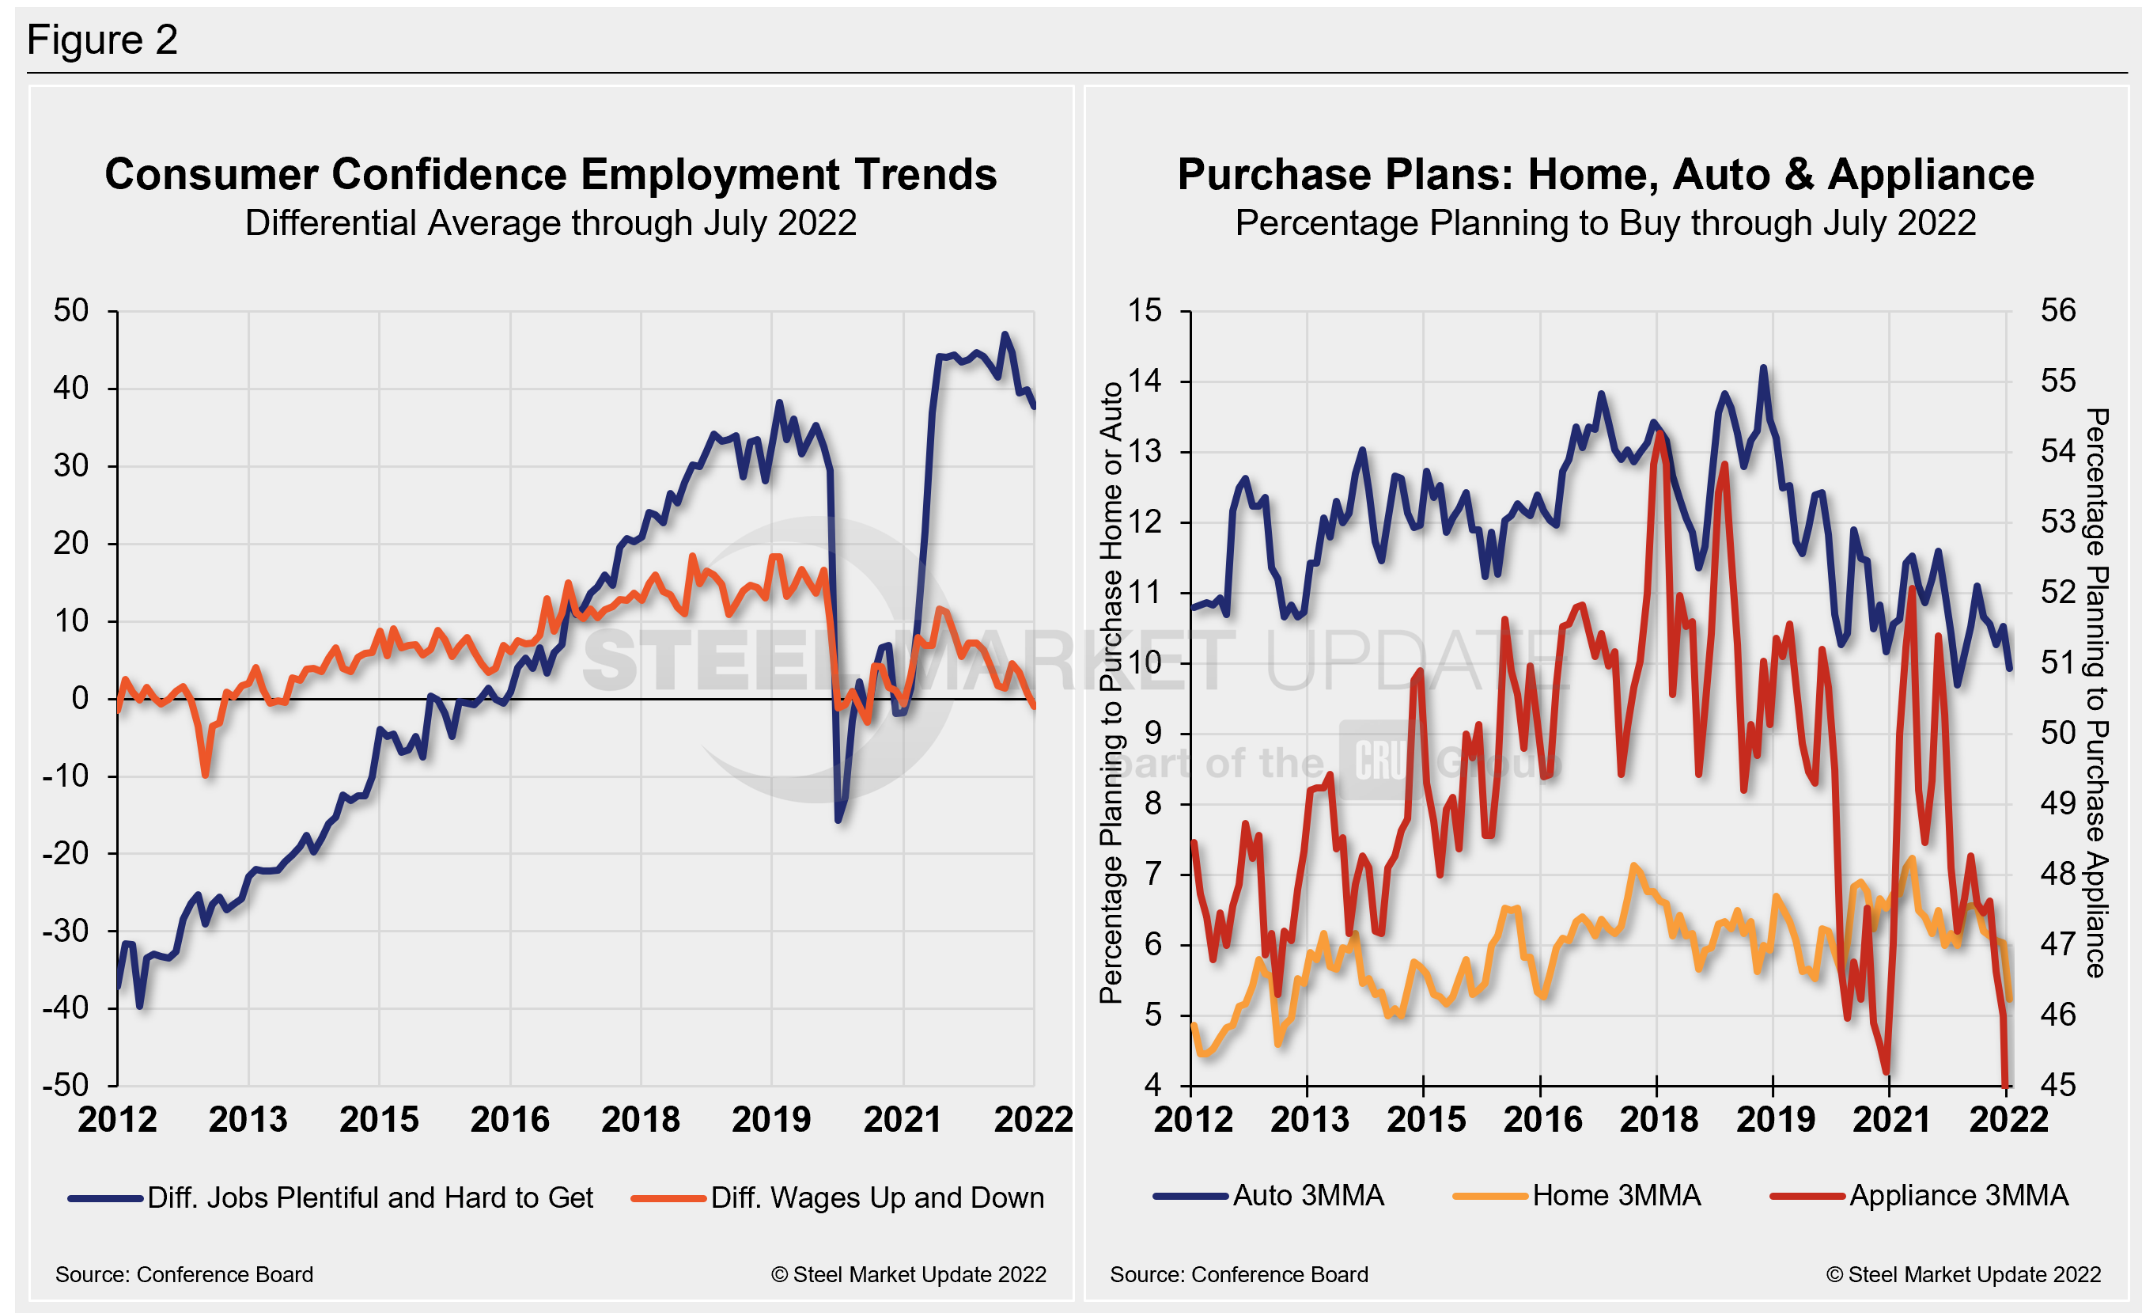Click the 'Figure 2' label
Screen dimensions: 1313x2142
coord(102,40)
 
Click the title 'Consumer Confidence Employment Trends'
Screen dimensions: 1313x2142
coord(551,174)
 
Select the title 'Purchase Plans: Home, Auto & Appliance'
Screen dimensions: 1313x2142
coord(1606,174)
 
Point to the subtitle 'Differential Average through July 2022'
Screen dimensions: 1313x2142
coord(551,223)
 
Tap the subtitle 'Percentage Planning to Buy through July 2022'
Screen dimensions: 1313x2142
coord(1606,223)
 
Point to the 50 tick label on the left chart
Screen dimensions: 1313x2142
coord(71,310)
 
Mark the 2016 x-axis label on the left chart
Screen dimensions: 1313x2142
coord(510,1120)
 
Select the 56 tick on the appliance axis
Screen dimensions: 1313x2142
coord(2057,310)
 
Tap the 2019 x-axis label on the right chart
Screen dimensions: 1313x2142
coord(1775,1120)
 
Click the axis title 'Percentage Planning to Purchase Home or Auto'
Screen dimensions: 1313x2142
coord(1111,693)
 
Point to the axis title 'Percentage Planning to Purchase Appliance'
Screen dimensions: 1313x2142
coord(2097,693)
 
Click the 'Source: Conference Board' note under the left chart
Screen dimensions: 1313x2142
coord(184,1275)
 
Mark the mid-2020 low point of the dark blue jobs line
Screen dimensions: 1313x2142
coord(838,819)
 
